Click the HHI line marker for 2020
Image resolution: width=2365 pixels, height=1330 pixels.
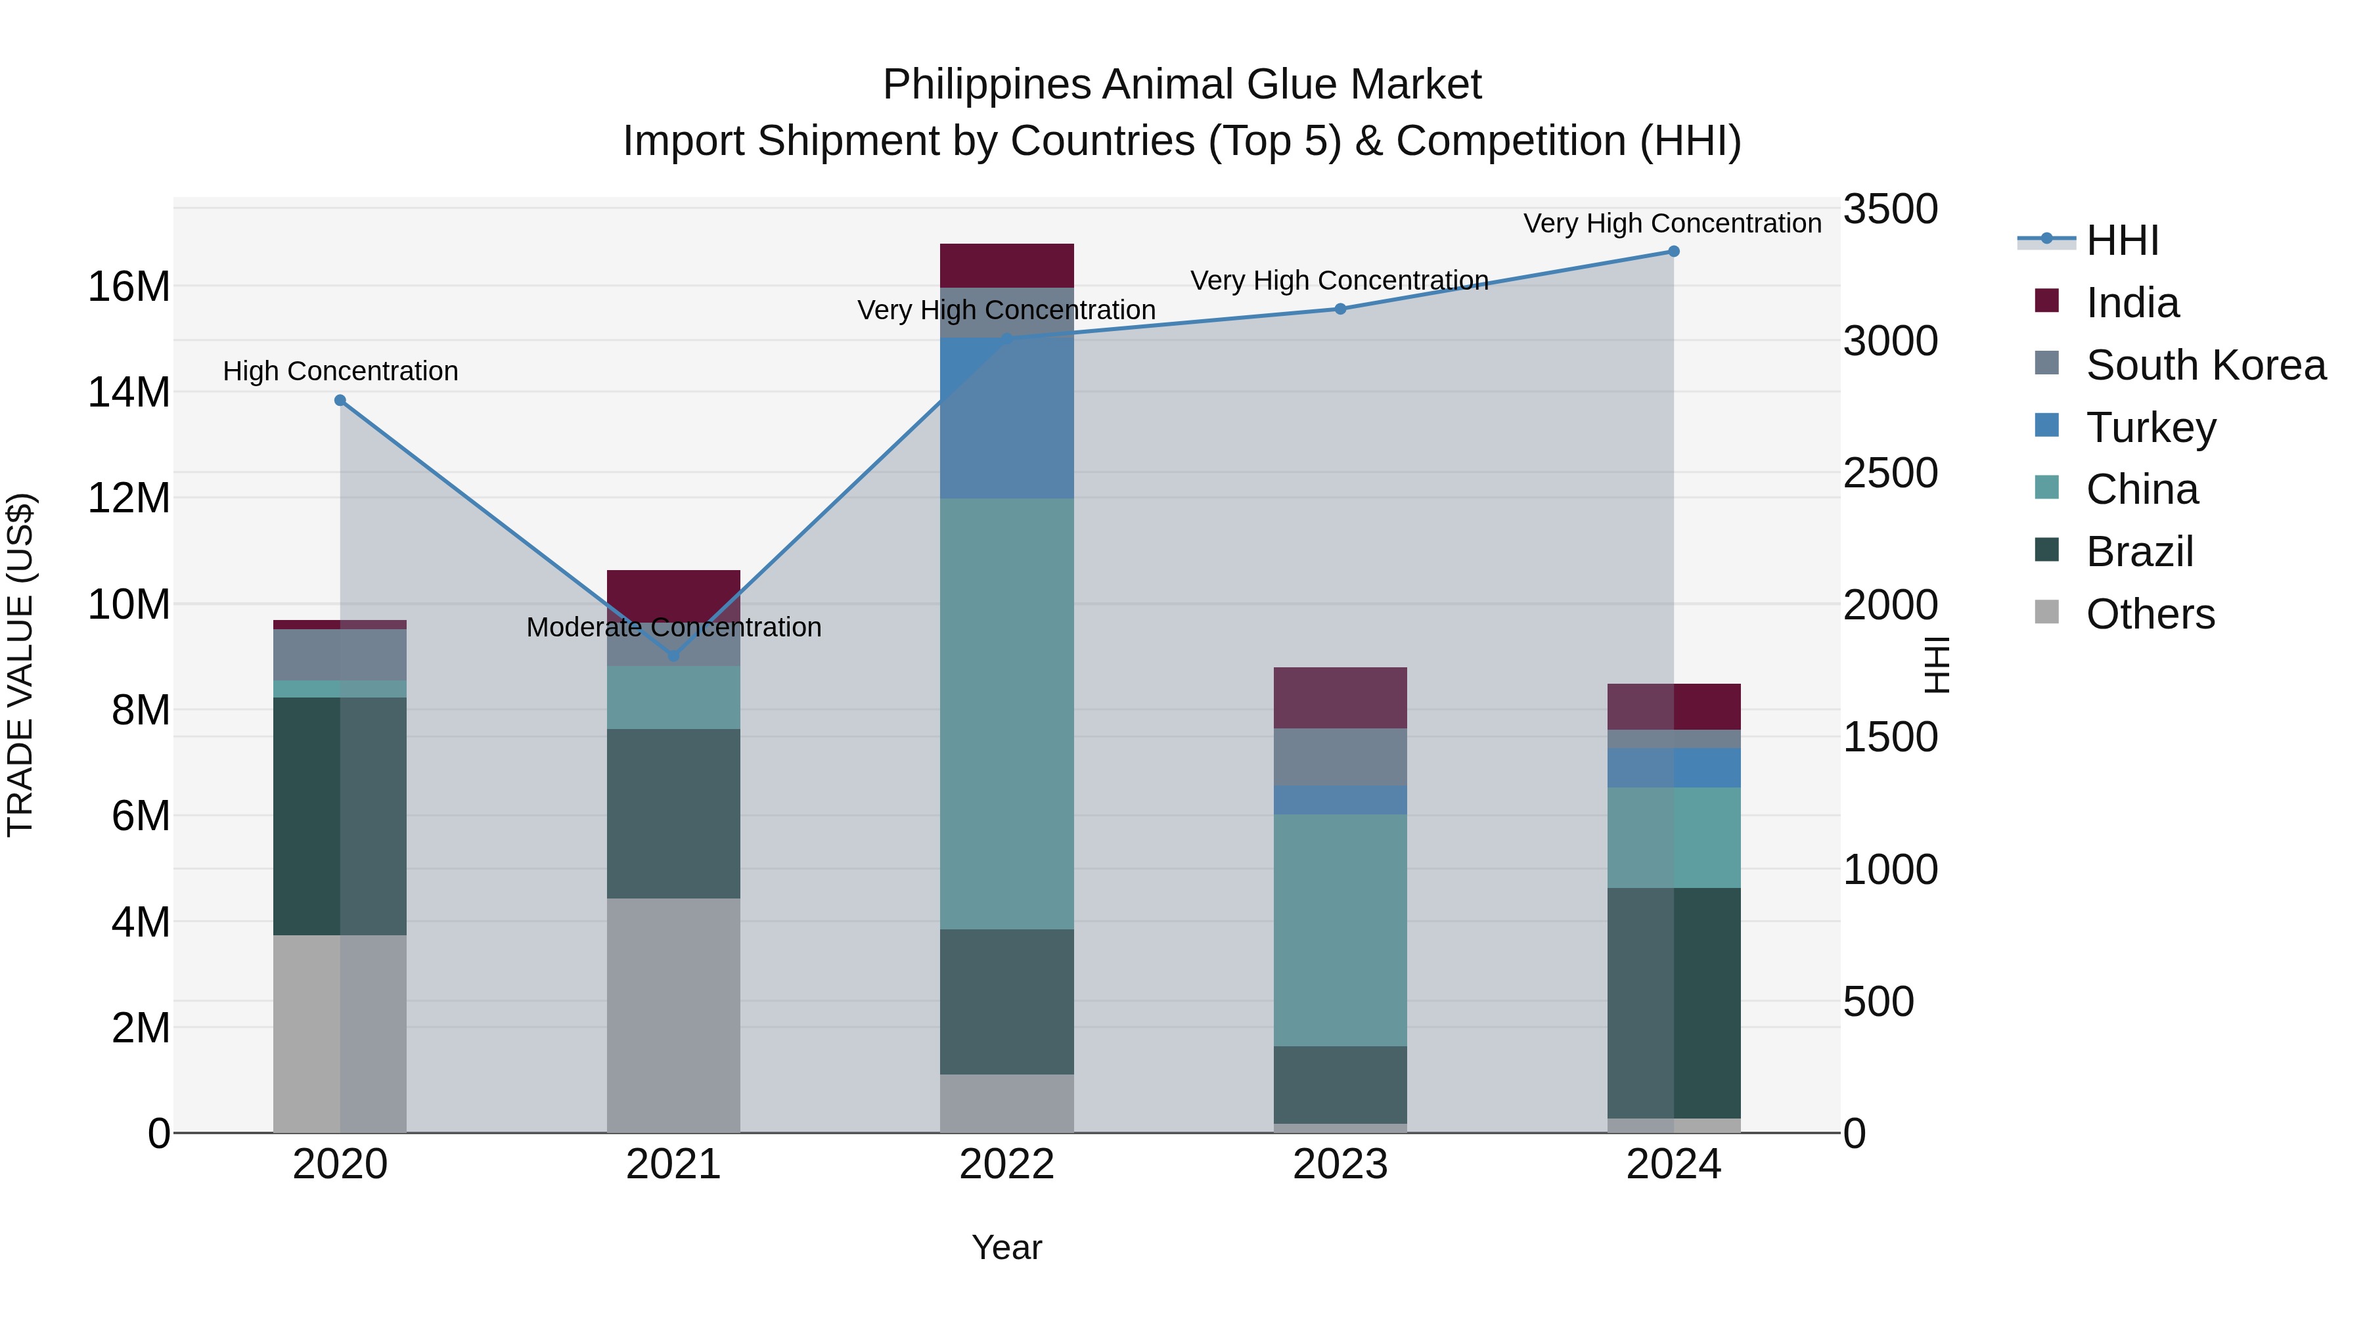340,400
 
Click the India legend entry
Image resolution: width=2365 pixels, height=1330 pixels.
2131,303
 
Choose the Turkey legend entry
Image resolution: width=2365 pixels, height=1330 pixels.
2150,428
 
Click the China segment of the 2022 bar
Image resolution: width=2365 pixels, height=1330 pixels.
1006,713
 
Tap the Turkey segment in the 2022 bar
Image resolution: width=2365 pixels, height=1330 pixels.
1006,418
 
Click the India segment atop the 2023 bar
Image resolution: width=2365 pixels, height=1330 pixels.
1340,698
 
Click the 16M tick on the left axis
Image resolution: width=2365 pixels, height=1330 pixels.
129,287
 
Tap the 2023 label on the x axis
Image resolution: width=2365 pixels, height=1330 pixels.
1340,1164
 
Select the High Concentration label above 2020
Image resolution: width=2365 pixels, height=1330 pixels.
340,371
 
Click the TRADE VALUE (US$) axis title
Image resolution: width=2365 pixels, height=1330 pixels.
20,665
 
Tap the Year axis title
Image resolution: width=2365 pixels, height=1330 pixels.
1006,1247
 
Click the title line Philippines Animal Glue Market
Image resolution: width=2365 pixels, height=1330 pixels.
1182,85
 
